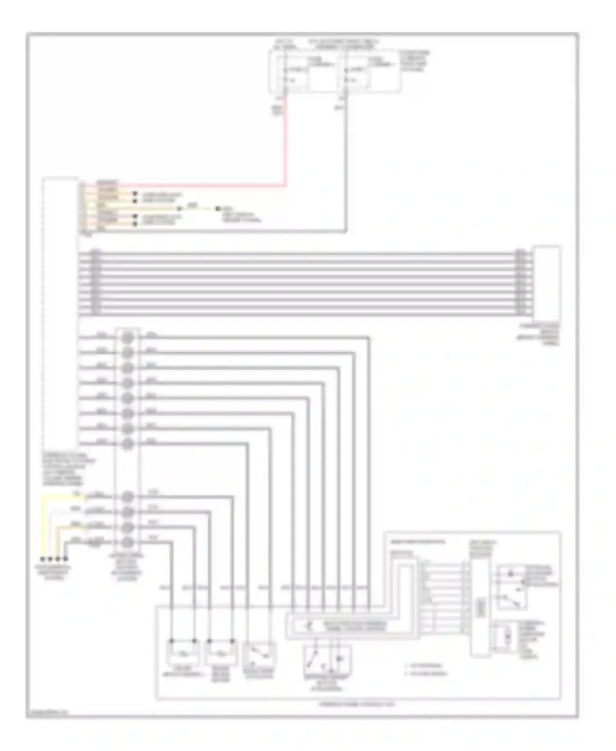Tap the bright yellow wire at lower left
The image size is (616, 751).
pos(42,526)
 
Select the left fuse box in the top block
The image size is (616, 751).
pos(304,72)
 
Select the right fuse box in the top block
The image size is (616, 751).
pos(369,72)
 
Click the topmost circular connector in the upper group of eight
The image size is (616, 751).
pos(129,338)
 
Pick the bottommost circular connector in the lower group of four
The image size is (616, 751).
pos(129,543)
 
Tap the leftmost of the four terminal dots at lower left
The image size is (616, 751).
pos(42,559)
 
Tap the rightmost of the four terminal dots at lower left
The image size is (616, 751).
pos(65,559)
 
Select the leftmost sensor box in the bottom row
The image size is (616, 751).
pos(183,653)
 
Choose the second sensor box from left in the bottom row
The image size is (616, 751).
pos(222,653)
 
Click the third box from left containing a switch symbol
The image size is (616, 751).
pos(260,653)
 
